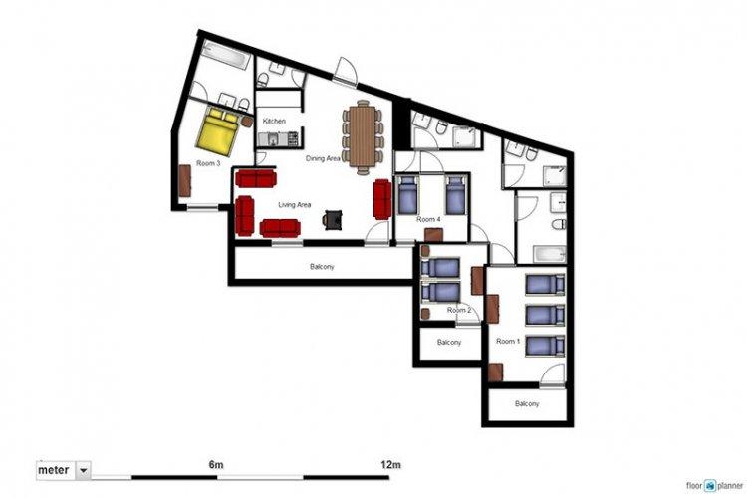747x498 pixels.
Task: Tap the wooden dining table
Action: [363, 135]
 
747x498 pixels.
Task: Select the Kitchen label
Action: [275, 122]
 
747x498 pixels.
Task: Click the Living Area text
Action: [295, 205]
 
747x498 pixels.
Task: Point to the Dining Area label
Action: [323, 158]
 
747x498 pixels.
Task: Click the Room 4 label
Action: [428, 220]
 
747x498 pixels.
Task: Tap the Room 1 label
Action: [508, 342]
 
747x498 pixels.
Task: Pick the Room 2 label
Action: [459, 310]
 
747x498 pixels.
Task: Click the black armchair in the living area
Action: [333, 220]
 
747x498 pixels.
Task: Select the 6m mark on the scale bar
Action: [216, 465]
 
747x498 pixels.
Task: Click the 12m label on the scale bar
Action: [390, 465]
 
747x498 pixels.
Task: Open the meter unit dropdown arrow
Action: [84, 471]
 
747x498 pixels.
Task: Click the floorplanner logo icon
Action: [710, 486]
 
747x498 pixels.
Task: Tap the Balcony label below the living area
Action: [322, 267]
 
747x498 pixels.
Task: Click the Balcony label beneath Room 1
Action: [527, 404]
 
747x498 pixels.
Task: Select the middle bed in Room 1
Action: [545, 316]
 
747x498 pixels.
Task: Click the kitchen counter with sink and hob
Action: [278, 139]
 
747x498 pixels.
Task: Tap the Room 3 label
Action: [208, 163]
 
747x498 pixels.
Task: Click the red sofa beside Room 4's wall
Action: [382, 199]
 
